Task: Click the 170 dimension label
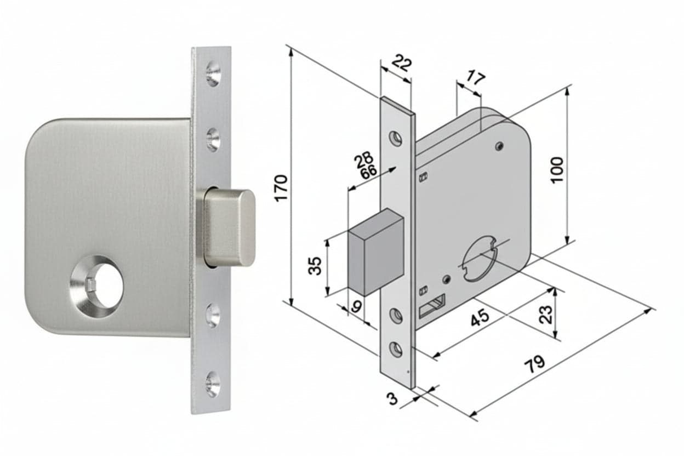click(281, 188)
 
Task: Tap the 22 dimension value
click(402, 63)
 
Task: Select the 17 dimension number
click(475, 78)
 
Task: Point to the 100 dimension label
click(557, 170)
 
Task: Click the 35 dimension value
click(315, 266)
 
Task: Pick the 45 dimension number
click(480, 317)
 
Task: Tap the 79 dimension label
click(534, 364)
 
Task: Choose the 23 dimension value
click(546, 315)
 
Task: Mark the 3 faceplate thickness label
click(392, 398)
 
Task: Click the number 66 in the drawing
click(368, 172)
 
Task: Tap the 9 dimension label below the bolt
click(356, 306)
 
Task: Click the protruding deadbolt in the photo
click(229, 227)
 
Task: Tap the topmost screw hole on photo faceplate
click(213, 73)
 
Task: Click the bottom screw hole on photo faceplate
click(213, 384)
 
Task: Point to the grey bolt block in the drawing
click(376, 252)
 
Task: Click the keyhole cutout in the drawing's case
click(480, 258)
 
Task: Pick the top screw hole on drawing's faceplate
click(396, 138)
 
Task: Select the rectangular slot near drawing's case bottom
click(432, 306)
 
